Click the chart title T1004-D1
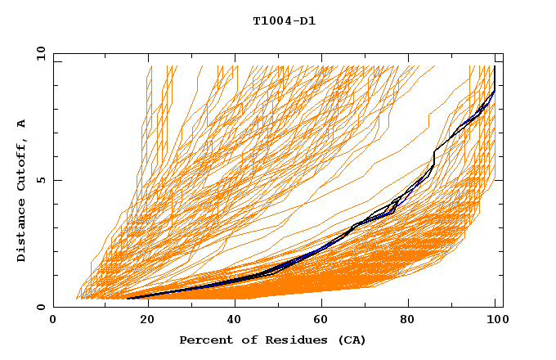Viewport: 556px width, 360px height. click(284, 20)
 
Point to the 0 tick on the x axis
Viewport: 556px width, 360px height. click(54, 320)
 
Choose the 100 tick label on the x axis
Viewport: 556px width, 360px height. click(495, 320)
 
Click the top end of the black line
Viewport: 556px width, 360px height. click(495, 67)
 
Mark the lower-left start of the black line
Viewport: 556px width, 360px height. click(128, 299)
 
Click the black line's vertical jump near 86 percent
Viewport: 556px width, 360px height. click(434, 158)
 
